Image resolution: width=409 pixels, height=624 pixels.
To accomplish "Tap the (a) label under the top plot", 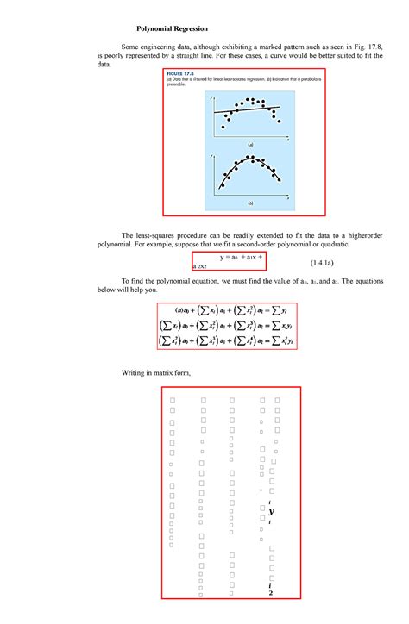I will pyautogui.click(x=250, y=144).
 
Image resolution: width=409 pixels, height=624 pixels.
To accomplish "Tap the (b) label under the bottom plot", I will pyautogui.click(x=250, y=203).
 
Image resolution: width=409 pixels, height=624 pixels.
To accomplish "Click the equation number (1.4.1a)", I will pyautogui.click(x=330, y=260).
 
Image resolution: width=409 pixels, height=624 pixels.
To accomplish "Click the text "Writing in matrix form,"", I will pyautogui.click(x=155, y=372).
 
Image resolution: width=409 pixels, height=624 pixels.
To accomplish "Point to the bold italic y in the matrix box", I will pyautogui.click(x=271, y=511).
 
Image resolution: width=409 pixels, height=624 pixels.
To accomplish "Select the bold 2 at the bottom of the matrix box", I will pyautogui.click(x=271, y=594).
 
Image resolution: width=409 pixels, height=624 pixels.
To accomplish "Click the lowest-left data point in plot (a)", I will pyautogui.click(x=223, y=127).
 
